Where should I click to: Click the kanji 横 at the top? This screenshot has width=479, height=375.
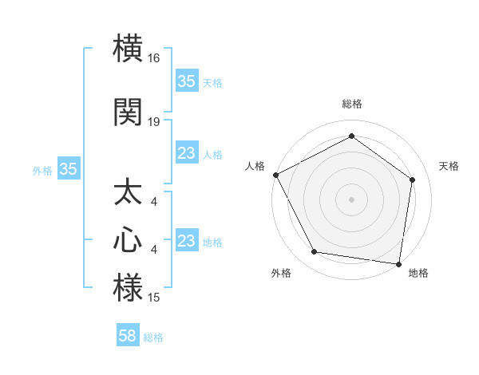pos(128,48)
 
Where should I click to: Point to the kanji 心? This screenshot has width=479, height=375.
pos(128,239)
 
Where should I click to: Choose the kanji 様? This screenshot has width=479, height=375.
pos(128,287)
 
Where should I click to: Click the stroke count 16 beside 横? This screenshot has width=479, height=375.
pos(154,58)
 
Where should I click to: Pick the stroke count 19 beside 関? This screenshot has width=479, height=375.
pos(154,122)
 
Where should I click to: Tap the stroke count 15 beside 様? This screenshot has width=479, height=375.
pos(154,298)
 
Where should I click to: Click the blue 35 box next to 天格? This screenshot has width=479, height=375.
pos(187,81)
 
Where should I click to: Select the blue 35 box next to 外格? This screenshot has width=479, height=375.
pos(68,169)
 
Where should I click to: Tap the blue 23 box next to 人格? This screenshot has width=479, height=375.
pos(187,153)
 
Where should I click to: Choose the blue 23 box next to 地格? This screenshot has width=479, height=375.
pos(187,241)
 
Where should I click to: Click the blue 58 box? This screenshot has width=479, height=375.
pos(128,336)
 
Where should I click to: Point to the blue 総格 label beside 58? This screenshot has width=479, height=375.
pos(153,337)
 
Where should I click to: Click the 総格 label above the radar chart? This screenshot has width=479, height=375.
pos(351,104)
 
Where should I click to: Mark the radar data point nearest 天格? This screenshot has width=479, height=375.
pos(412,180)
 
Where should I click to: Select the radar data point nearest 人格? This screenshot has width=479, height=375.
pos(275,175)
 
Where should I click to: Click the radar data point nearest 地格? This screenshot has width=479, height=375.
pos(398,263)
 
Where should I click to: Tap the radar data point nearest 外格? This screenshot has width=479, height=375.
pos(315,252)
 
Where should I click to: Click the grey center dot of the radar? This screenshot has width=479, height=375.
pos(351,199)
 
